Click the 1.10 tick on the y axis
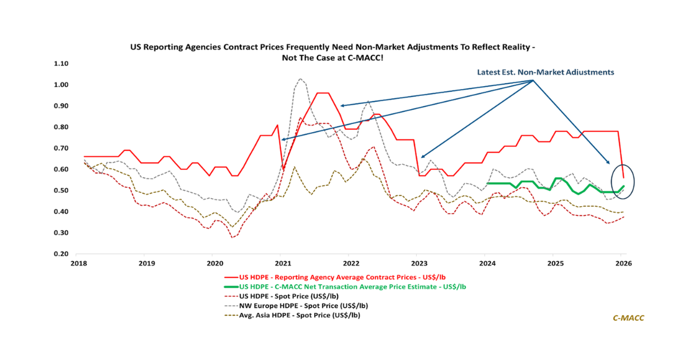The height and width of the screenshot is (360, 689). (x=61, y=64)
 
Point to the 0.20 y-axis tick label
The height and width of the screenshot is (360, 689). (x=61, y=254)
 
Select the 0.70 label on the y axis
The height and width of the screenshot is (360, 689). (x=61, y=148)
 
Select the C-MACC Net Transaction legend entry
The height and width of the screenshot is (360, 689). (x=351, y=287)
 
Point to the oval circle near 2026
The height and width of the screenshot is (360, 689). (x=624, y=181)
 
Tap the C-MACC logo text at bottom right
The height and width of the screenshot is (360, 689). (x=628, y=318)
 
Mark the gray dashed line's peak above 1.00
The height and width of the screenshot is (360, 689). (x=300, y=79)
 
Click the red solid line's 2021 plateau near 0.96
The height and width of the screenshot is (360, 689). (x=323, y=93)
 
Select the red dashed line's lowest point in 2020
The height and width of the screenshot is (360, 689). (x=233, y=237)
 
